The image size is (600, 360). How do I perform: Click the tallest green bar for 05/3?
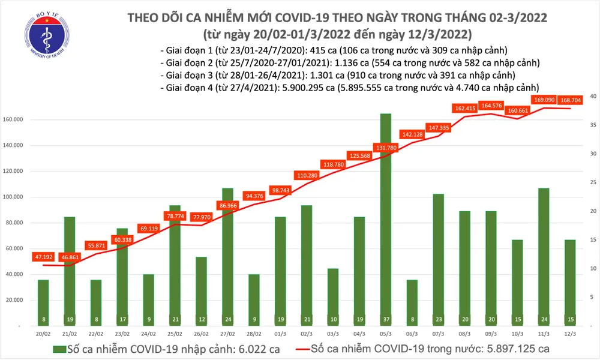coord(386,219)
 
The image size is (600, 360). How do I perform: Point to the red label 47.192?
coord(43,256)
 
